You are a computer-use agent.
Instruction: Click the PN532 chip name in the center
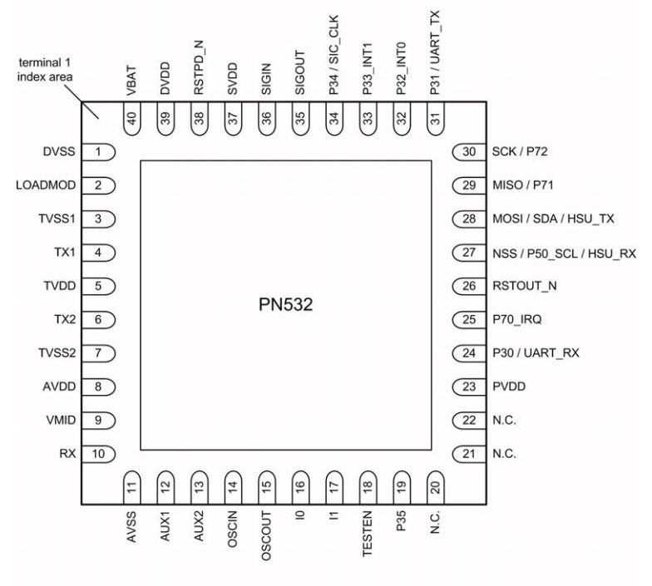point(285,304)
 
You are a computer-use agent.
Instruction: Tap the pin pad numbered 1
point(98,152)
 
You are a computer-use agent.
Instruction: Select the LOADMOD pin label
point(46,185)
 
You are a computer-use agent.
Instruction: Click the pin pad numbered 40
point(132,118)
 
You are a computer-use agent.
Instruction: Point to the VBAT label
point(131,81)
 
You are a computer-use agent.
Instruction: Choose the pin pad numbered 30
point(469,152)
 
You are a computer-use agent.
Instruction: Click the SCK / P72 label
point(520,151)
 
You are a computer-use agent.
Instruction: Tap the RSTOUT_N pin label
point(524,286)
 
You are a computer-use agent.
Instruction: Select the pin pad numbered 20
point(436,487)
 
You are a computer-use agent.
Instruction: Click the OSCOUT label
point(266,535)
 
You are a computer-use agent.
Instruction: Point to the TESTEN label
point(368,534)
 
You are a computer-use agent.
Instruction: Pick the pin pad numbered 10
point(98,454)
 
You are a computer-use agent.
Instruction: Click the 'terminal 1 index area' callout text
point(45,70)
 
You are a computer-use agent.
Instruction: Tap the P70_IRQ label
point(517,319)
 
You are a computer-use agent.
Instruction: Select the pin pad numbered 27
point(469,253)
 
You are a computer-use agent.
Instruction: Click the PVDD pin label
point(509,387)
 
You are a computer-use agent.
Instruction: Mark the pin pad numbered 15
point(266,487)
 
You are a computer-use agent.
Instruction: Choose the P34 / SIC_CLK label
point(333,55)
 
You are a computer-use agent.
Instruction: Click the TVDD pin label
point(60,286)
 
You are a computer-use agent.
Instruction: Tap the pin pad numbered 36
point(266,118)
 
